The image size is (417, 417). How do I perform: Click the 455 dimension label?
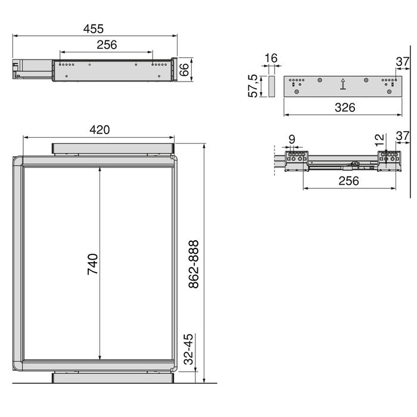coord(94,29)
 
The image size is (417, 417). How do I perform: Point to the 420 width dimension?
coord(99,129)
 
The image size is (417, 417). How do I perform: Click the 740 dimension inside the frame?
coord(92,263)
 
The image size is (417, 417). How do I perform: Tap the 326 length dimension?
coord(344,107)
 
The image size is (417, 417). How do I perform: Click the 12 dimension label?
coord(379,141)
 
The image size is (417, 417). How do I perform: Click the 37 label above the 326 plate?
coord(403,61)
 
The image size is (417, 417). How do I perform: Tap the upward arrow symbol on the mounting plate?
coord(343,86)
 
